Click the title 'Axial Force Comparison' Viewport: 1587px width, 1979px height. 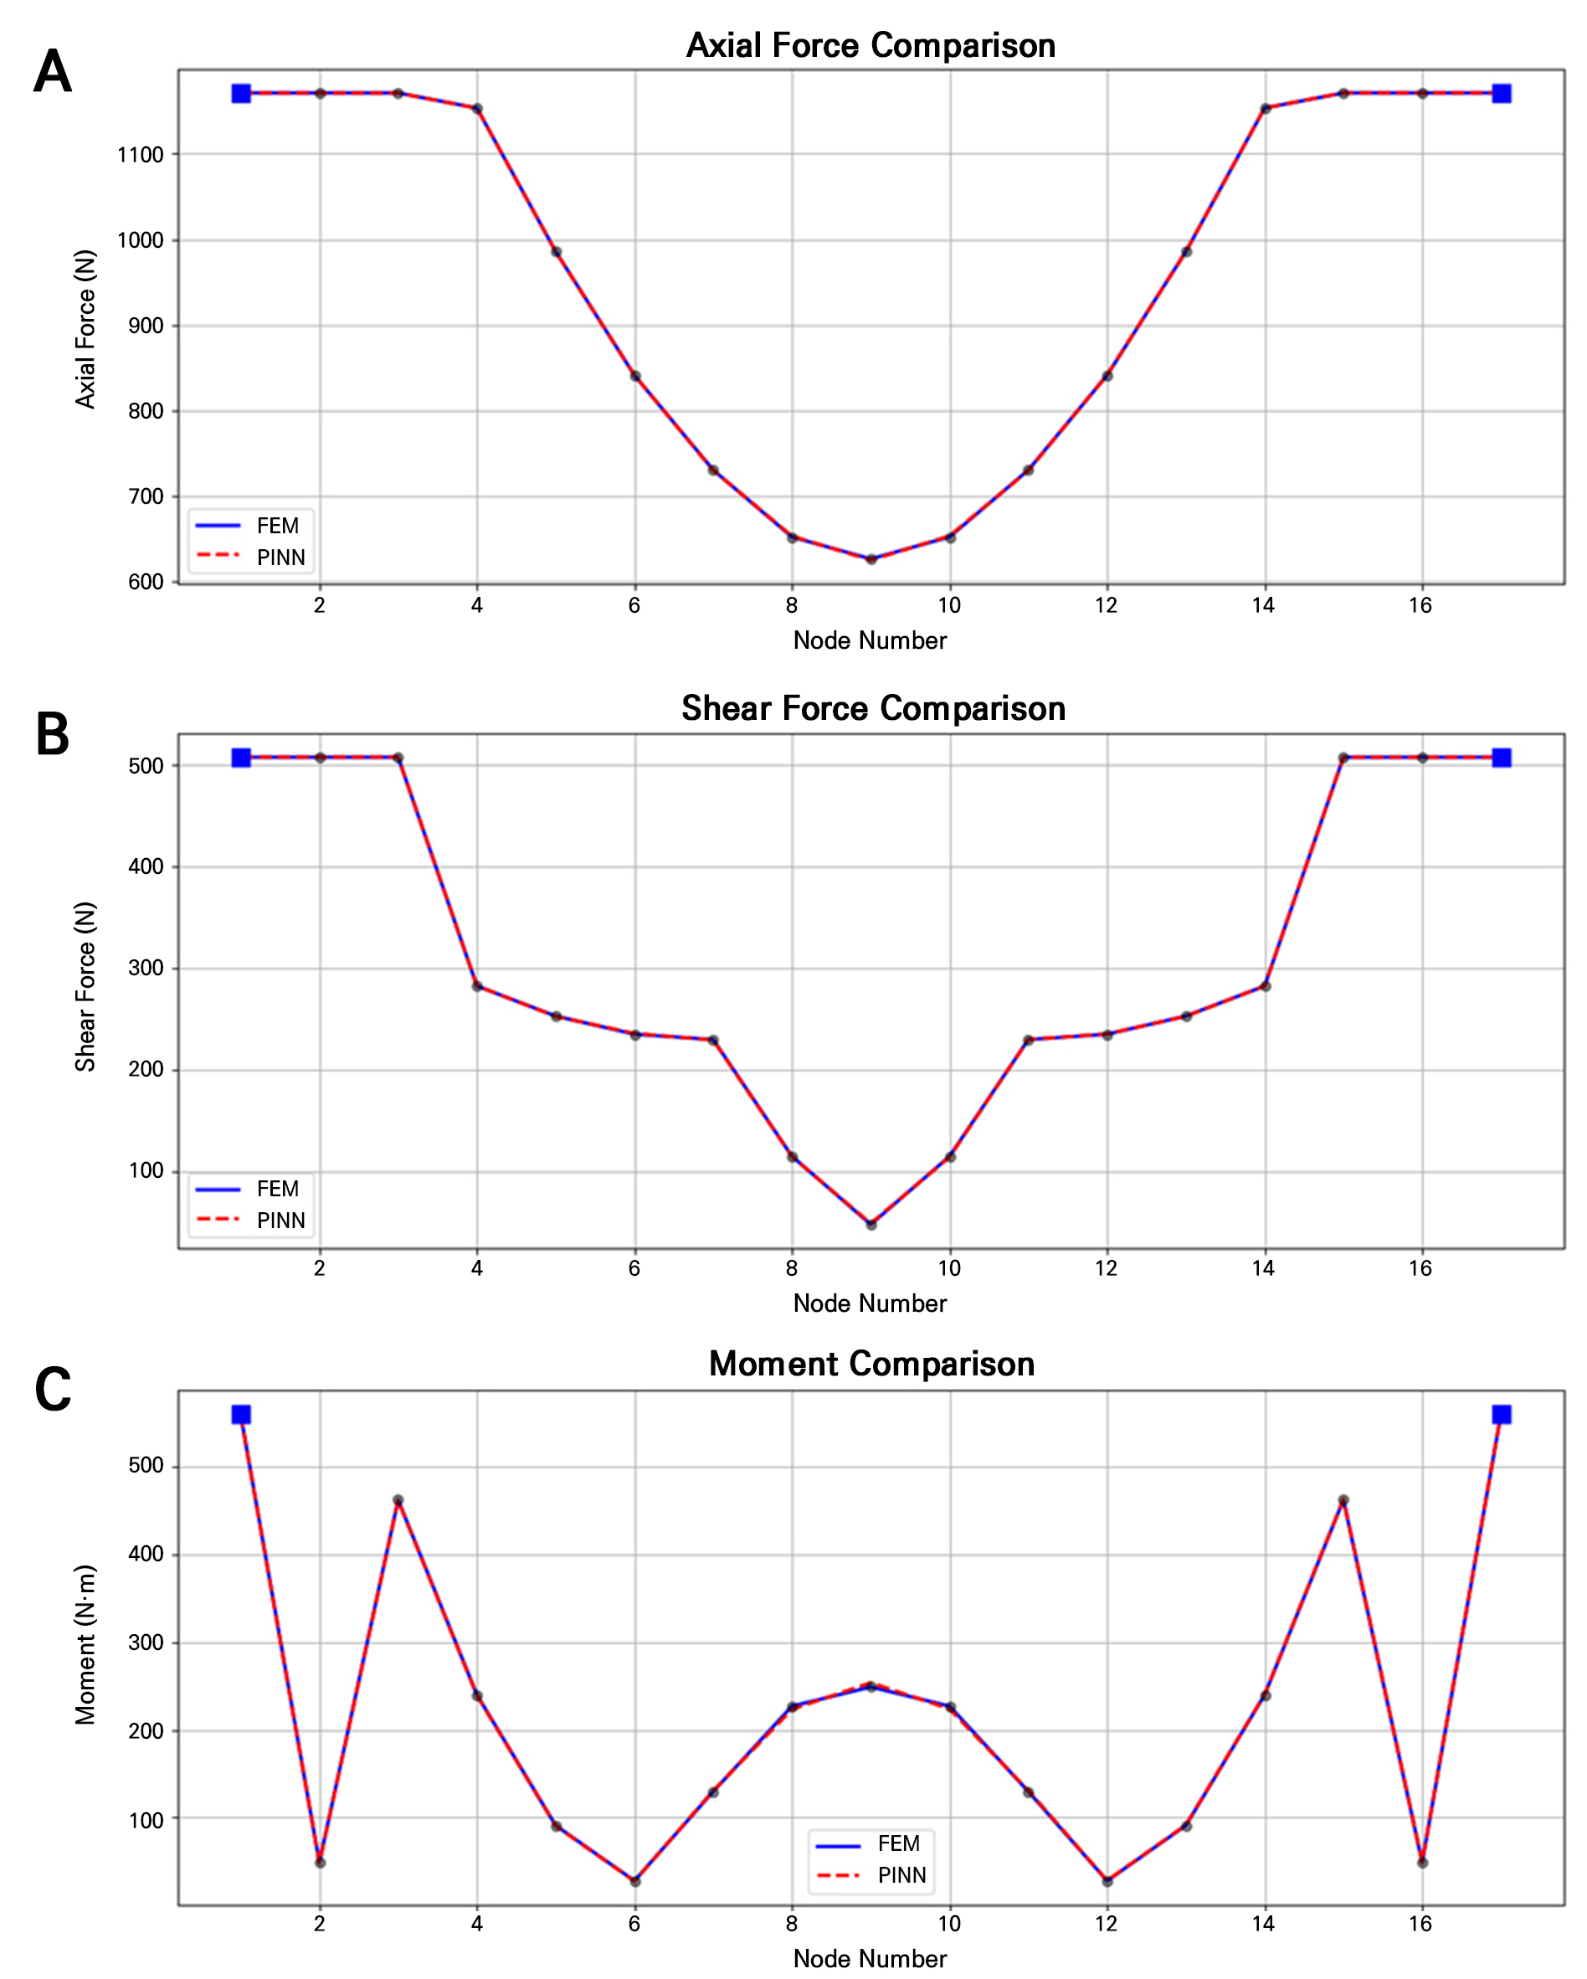[x=871, y=46]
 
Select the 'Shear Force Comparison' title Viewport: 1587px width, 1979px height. [x=873, y=708]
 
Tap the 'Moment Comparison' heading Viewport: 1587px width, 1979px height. [x=871, y=1364]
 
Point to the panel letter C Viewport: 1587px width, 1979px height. [x=53, y=1390]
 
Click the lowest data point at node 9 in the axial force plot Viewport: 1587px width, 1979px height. [x=871, y=559]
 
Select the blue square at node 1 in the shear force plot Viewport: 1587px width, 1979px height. [x=241, y=758]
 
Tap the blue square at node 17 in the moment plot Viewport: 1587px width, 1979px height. [x=1502, y=1415]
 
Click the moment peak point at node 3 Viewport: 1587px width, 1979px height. [x=398, y=1501]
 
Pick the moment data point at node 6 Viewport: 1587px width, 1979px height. [x=634, y=1881]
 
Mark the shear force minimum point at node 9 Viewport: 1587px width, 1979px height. [x=871, y=1224]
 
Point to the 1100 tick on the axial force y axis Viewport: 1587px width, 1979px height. [x=141, y=155]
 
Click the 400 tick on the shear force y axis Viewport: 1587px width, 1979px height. [x=146, y=866]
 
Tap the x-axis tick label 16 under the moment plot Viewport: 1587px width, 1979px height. [x=1421, y=1924]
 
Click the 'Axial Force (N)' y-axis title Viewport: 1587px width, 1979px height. [x=85, y=329]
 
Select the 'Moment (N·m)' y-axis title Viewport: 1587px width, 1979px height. [x=85, y=1645]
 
